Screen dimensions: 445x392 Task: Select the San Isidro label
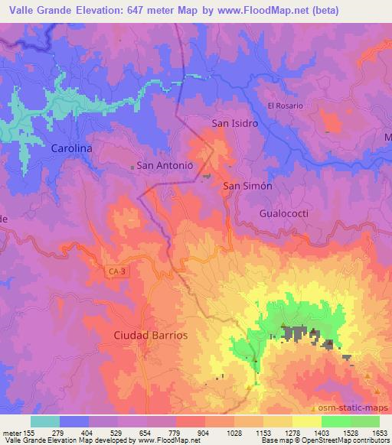coord(234,122)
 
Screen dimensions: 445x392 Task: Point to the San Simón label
coord(247,186)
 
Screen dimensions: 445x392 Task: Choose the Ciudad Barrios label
coord(150,335)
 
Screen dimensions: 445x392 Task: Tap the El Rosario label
coord(286,105)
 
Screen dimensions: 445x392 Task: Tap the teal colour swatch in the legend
coord(45,421)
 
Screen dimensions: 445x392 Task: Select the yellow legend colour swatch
coord(307,421)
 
